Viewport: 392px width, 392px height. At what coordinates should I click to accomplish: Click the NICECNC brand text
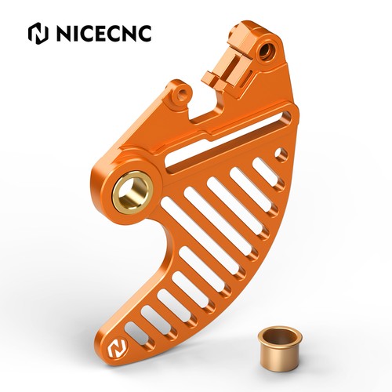(103, 33)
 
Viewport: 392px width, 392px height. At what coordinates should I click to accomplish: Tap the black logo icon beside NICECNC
(38, 33)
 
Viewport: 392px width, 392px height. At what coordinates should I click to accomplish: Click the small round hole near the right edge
(281, 154)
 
